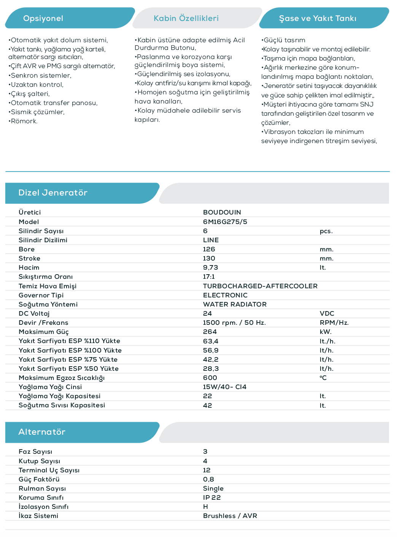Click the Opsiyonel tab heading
coord(43,18)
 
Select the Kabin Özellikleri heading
coord(186,18)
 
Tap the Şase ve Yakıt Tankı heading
coord(318,18)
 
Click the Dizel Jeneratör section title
coord(53,193)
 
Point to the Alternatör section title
coord(42,432)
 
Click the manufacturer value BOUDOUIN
coord(222,212)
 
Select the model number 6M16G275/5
coord(225,222)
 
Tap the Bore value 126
coord(209,249)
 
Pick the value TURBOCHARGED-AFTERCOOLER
coord(260,286)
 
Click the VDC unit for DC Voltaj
coord(327,313)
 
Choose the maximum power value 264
coord(210,332)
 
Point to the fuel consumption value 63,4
coord(210,341)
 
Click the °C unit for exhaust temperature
coord(323,378)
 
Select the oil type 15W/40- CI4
coord(224,387)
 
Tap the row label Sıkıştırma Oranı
coord(46,276)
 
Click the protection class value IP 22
coord(211,497)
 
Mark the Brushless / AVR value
coord(230,516)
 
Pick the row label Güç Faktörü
coord(39,479)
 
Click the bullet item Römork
coord(24,121)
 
